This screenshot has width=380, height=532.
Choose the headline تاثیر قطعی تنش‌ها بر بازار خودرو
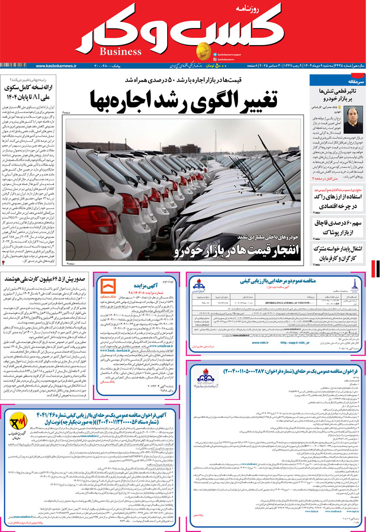pyautogui.click(x=337, y=94)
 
